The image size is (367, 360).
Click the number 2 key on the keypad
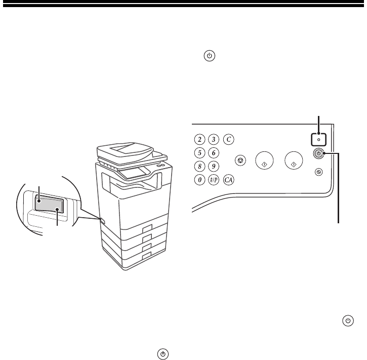[199, 140]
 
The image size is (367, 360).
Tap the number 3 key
[214, 140]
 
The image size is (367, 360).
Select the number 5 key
[199, 153]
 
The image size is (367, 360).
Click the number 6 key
[214, 153]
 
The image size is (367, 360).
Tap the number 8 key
[199, 166]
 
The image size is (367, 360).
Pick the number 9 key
[214, 166]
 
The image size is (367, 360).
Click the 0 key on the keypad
[199, 180]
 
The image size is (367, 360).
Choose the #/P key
[214, 180]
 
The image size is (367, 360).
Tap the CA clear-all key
[229, 180]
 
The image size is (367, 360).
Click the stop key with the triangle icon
[240, 161]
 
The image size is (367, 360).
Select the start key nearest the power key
[294, 161]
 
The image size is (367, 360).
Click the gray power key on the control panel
[318, 153]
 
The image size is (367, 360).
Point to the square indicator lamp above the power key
[318, 140]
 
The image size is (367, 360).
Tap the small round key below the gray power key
[318, 172]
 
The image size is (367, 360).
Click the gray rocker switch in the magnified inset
[49, 204]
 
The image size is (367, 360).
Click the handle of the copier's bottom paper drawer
[147, 256]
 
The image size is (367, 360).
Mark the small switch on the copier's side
[103, 220]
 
